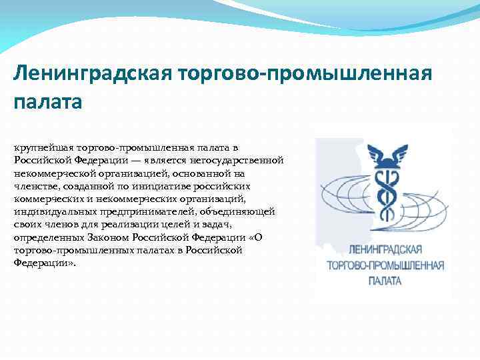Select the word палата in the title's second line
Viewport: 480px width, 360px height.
(47, 102)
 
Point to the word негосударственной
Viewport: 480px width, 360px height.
(243, 159)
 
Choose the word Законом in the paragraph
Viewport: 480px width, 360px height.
(103, 238)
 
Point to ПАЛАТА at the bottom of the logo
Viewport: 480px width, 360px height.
(385, 281)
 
